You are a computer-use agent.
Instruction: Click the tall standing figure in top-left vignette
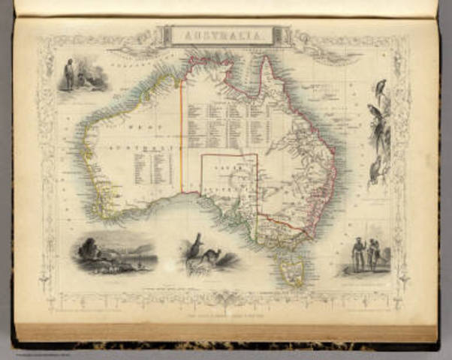coord(70,74)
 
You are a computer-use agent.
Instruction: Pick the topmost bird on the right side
coord(381,85)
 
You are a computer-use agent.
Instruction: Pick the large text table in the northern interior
coord(225,120)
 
